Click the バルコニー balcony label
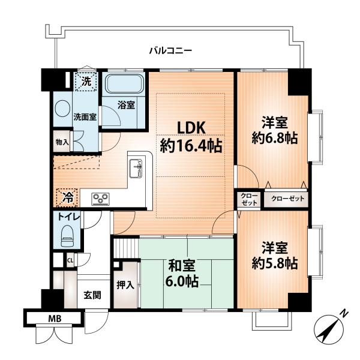[170, 50]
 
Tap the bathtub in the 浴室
[124, 83]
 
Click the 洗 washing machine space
[86, 82]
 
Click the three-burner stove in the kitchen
[101, 199]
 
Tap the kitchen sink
[136, 168]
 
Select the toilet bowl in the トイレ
[67, 236]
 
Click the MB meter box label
[55, 319]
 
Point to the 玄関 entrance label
[92, 295]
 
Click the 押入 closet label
[125, 285]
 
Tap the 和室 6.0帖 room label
[181, 274]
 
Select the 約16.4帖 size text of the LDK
[191, 146]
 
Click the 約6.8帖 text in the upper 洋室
[275, 138]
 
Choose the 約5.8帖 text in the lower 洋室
[275, 263]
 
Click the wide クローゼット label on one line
[287, 199]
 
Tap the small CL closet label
[70, 260]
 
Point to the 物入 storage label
[62, 142]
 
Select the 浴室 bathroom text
[126, 105]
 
